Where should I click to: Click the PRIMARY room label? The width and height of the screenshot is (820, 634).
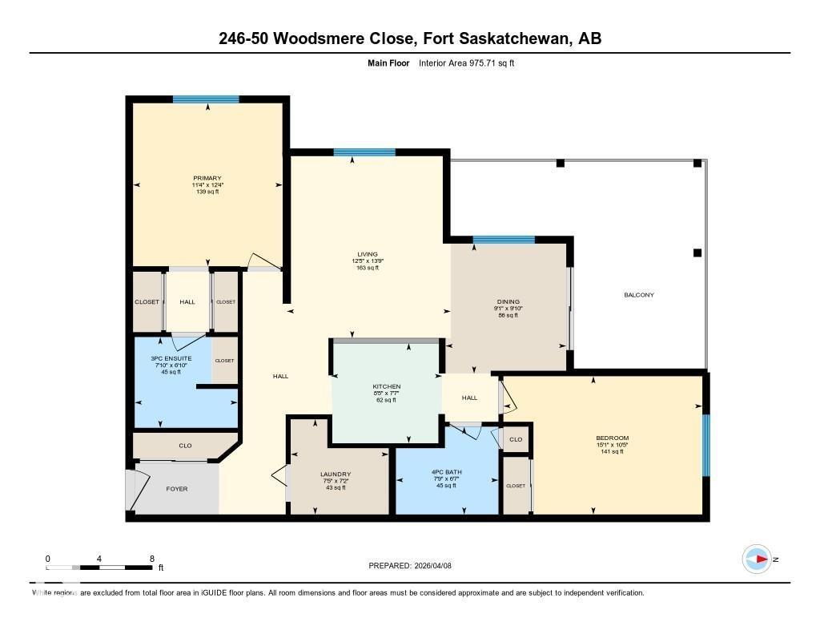click(207, 179)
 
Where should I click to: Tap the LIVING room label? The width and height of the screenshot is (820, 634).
click(367, 254)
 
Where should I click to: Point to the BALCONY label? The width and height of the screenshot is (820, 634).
click(639, 295)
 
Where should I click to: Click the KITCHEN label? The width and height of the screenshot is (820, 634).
click(386, 386)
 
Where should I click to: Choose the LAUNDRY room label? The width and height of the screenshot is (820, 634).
click(336, 474)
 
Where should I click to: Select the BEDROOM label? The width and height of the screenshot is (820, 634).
click(612, 438)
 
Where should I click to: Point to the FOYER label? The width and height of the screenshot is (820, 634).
click(176, 488)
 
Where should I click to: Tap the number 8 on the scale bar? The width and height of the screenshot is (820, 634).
click(151, 558)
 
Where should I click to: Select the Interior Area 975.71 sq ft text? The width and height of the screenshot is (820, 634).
click(466, 63)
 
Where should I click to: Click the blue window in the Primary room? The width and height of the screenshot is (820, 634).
click(206, 99)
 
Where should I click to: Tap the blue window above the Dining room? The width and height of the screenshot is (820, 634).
click(504, 240)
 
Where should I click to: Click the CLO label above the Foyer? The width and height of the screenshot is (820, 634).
click(184, 446)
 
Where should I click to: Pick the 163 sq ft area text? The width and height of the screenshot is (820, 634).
click(367, 268)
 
